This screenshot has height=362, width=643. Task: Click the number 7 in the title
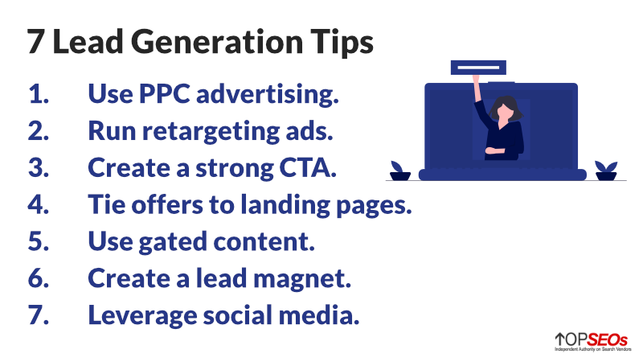(x=35, y=43)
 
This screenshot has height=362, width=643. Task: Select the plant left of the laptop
(x=399, y=170)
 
